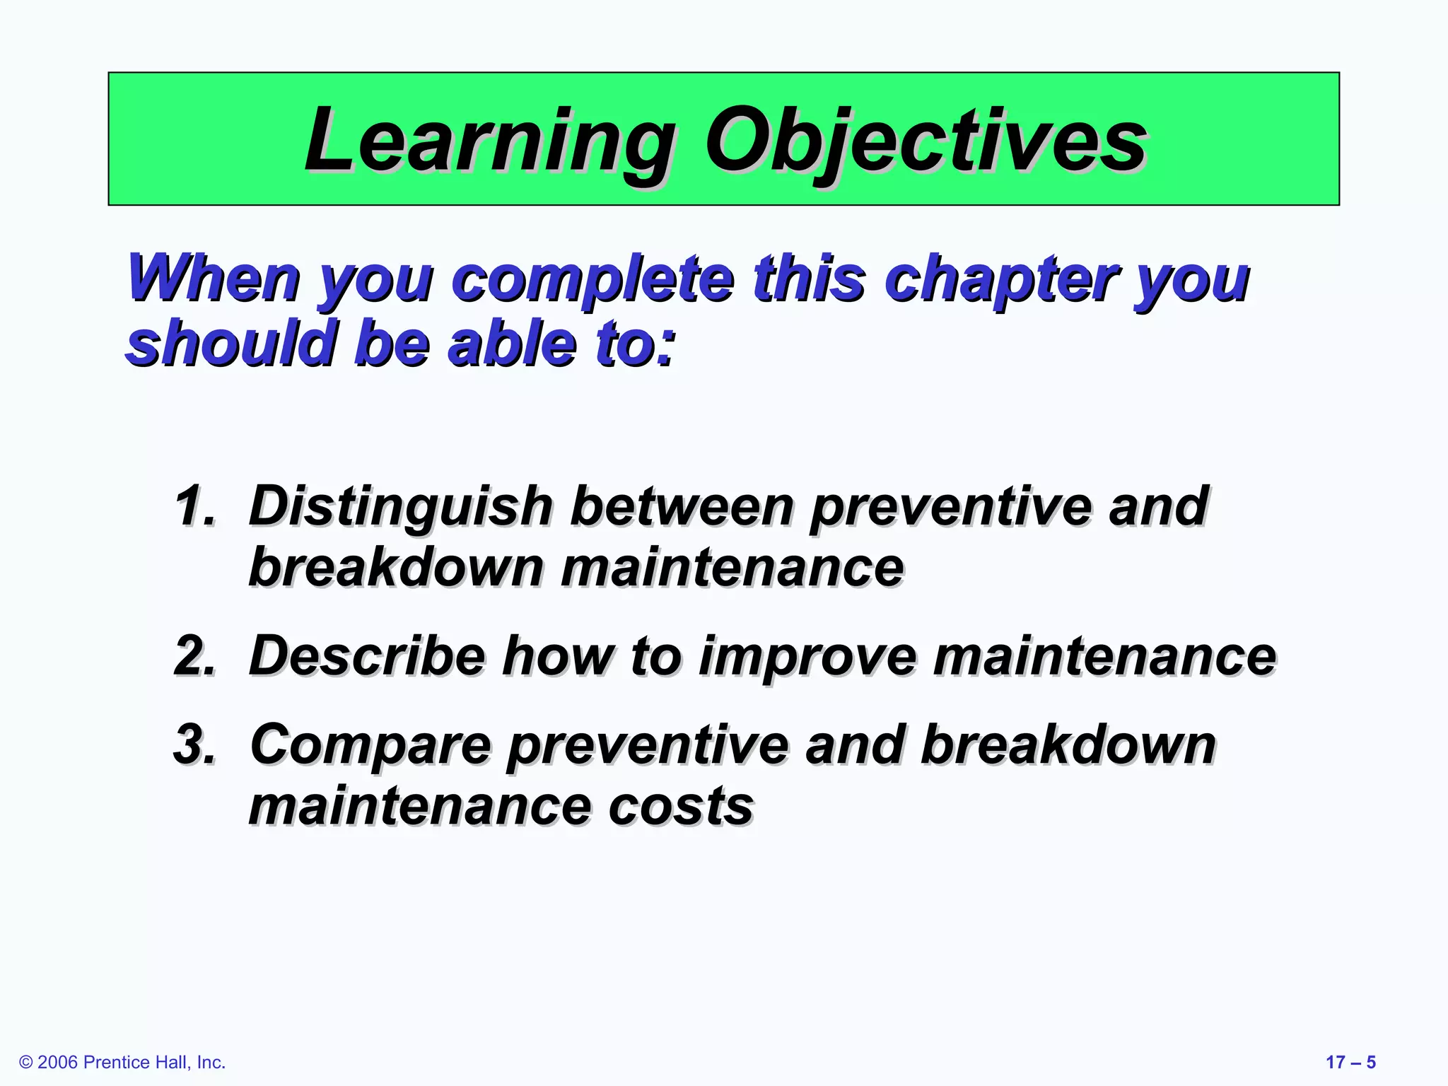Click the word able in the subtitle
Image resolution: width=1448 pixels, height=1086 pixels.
coord(511,344)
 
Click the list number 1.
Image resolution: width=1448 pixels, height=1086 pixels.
coord(194,506)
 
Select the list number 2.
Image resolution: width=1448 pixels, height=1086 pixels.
coord(194,656)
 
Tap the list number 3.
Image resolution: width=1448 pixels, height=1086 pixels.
coord(194,745)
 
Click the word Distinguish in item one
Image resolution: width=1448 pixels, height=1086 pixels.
coord(400,506)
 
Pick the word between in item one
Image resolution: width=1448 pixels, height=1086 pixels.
coord(682,506)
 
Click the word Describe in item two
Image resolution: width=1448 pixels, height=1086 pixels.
coord(367,656)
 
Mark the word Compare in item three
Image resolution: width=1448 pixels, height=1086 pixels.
coord(370,745)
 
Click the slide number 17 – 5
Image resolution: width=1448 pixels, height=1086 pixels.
coord(1350,1063)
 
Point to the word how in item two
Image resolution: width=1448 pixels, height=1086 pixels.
coord(558,656)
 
